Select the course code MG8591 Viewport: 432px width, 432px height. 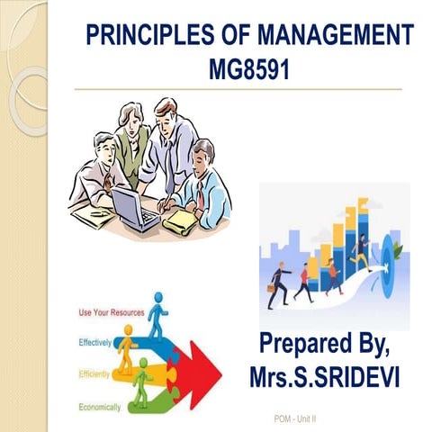click(250, 68)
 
